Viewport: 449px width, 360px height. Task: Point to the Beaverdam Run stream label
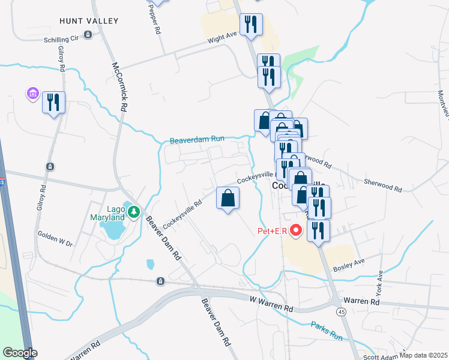click(197, 139)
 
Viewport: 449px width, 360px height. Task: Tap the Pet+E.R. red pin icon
click(295, 230)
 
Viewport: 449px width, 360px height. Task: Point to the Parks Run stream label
click(327, 331)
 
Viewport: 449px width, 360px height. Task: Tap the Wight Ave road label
click(222, 37)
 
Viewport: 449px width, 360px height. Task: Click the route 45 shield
click(341, 312)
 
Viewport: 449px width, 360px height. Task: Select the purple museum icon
click(31, 94)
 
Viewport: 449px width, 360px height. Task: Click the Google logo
click(20, 353)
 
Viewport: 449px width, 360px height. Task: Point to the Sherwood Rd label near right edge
click(382, 184)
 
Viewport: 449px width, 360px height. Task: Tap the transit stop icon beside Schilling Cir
click(88, 35)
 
